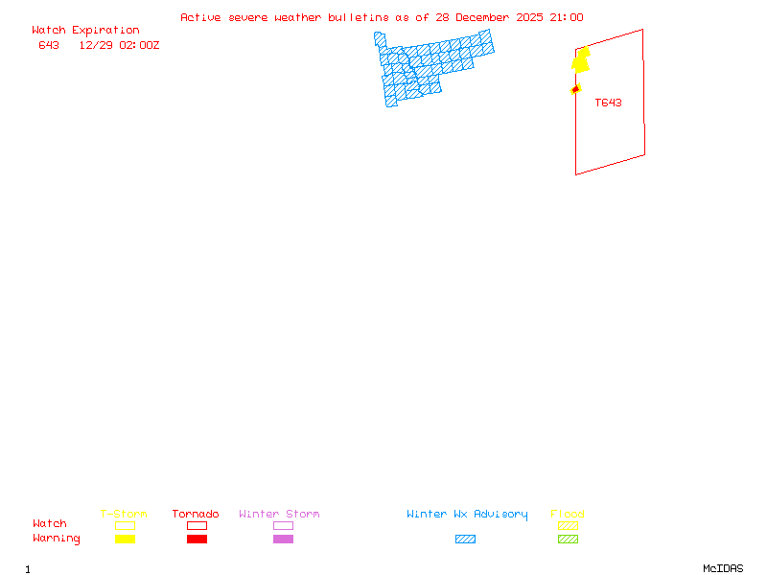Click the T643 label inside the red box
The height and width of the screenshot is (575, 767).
[608, 103]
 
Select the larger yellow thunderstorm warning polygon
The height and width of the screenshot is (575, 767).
[581, 60]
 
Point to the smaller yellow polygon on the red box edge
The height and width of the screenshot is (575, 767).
[576, 89]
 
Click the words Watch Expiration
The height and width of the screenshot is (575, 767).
[85, 31]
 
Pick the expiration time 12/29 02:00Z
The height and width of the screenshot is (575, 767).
[119, 45]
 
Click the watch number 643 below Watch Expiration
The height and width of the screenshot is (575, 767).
[49, 45]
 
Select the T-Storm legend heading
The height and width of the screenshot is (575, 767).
[124, 515]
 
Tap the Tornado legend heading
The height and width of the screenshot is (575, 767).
[196, 515]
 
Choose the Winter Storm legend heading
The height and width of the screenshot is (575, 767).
[279, 515]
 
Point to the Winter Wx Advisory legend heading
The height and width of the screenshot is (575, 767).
[467, 515]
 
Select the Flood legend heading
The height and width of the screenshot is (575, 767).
[568, 515]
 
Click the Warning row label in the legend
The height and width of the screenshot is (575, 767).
[57, 539]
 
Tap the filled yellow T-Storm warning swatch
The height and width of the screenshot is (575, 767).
[125, 540]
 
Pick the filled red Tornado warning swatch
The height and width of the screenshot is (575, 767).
[197, 540]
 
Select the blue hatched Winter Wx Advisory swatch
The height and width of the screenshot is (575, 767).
[465, 540]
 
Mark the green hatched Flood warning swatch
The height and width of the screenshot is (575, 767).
[568, 540]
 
